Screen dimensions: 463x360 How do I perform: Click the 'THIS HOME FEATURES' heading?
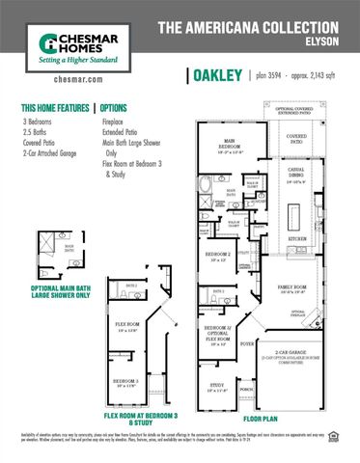[54, 109]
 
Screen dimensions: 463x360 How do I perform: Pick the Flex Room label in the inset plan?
[127, 325]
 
